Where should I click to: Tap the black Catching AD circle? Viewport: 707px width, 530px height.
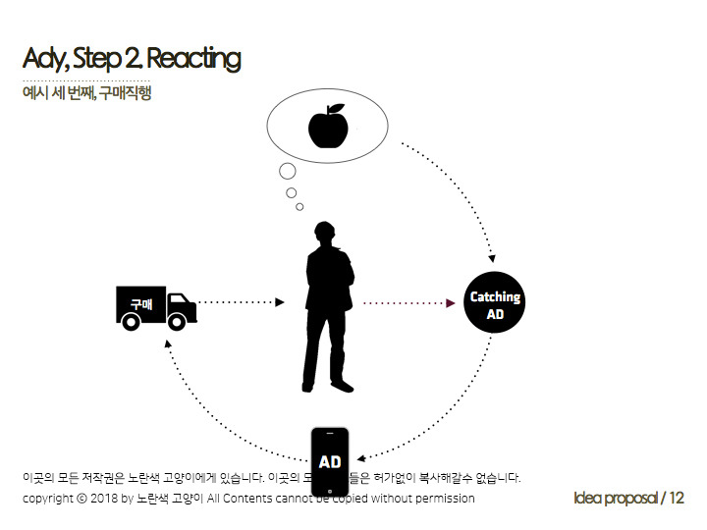tap(495, 304)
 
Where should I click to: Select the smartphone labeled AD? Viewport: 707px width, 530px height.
tap(330, 461)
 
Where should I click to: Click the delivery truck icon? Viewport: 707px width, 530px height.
tap(156, 308)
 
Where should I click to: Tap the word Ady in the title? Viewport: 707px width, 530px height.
tap(44, 59)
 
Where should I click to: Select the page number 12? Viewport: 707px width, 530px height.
tap(676, 498)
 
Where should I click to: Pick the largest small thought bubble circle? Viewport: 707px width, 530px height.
tap(288, 172)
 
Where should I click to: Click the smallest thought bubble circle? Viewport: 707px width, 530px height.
tap(299, 206)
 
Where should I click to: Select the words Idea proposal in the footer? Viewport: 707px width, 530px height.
tap(615, 498)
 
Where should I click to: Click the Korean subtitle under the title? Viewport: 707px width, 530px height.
tap(86, 94)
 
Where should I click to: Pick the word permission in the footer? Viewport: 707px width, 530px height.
tap(442, 499)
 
